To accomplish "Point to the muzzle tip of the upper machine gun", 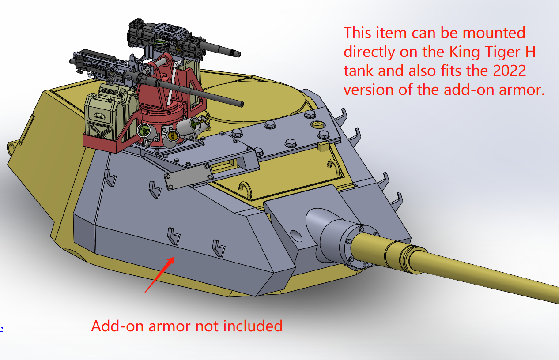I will click(x=238, y=54).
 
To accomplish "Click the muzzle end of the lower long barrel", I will click(x=242, y=104).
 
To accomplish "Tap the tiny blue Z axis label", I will click(x=2, y=330).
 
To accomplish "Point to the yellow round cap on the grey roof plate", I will click(x=317, y=124).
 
